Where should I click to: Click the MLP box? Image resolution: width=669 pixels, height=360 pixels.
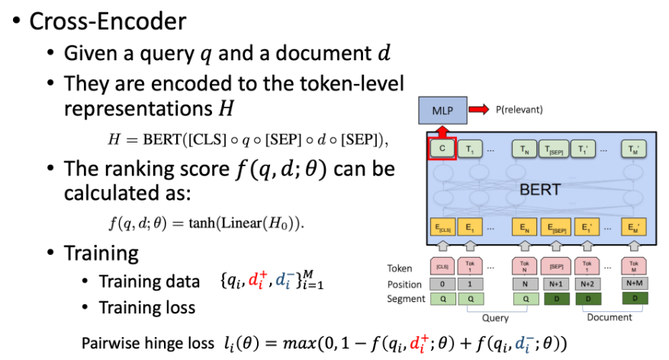[443, 111]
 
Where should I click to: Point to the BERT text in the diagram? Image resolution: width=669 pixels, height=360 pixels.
[541, 188]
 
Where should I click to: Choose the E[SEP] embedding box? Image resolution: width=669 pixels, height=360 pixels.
[556, 227]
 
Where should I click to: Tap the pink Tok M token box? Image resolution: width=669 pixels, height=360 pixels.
[634, 267]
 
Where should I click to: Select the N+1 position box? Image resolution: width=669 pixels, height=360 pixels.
[556, 284]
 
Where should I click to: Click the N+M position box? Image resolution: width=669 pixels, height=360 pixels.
[634, 284]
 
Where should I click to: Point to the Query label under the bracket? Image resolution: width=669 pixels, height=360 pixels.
[496, 317]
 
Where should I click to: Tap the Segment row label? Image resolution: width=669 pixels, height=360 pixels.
[406, 298]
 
